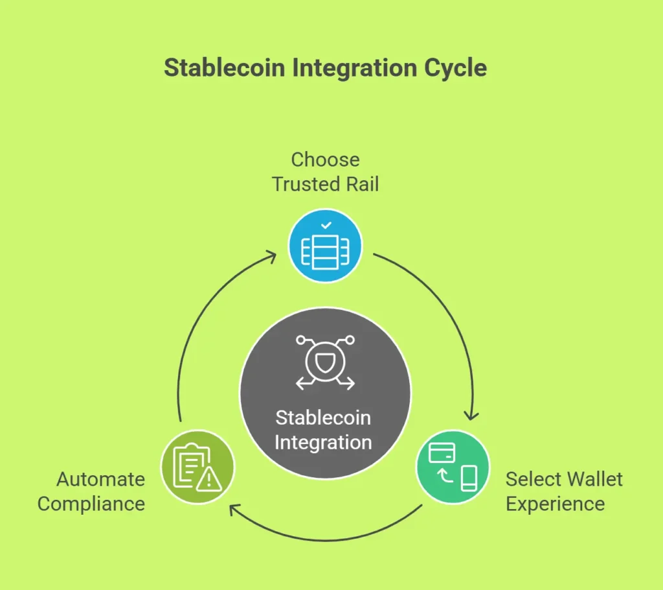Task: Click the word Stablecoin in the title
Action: (225, 68)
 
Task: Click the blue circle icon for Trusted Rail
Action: (325, 246)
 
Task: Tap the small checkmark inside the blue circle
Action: (326, 226)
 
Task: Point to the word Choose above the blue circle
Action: (325, 159)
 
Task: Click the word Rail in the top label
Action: (363, 184)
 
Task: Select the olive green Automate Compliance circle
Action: (197, 467)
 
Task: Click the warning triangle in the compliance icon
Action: (209, 480)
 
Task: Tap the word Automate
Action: (100, 479)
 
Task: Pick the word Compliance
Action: (91, 504)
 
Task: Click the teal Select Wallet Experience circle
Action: (453, 467)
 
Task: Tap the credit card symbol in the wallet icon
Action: (442, 453)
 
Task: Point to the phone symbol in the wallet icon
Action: (469, 478)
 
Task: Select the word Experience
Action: (555, 504)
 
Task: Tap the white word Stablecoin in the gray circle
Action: (324, 418)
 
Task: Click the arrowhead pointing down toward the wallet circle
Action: (471, 416)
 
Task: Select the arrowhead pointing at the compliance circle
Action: (234, 509)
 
